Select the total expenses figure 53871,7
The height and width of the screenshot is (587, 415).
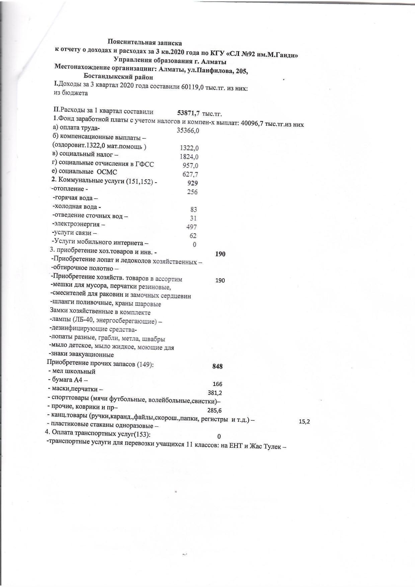tap(188, 113)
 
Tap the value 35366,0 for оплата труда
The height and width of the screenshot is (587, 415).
tap(188, 130)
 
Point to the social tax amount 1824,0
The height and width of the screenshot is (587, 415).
tap(189, 157)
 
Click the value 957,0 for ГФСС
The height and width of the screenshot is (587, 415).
tap(190, 165)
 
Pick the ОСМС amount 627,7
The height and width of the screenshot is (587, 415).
tap(190, 174)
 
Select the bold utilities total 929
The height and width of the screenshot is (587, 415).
tap(193, 183)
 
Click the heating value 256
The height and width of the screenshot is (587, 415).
tap(192, 192)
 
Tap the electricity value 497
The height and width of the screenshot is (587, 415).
tap(192, 227)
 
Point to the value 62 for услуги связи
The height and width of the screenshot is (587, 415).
tap(193, 236)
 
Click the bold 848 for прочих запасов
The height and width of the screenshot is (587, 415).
tap(218, 367)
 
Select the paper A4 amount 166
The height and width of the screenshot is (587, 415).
tap(218, 384)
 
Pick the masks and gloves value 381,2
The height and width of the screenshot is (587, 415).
tap(215, 393)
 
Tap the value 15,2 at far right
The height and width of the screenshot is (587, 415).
tap(304, 422)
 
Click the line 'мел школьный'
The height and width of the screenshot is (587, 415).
tap(74, 372)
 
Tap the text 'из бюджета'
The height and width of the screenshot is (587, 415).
tap(71, 93)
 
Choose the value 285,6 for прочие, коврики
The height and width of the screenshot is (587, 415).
tap(215, 410)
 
